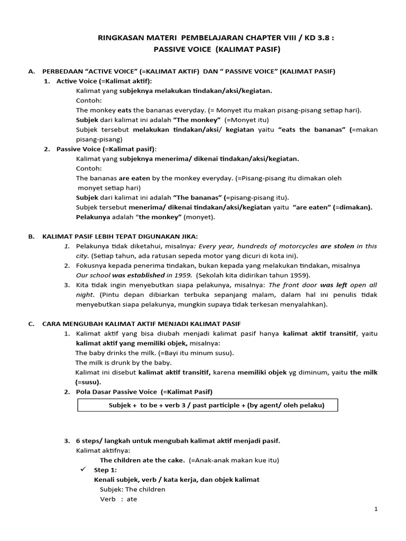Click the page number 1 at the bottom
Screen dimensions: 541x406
[x=376, y=509]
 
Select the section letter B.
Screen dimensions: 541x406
[x=31, y=236]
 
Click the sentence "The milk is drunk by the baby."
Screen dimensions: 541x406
[x=124, y=362]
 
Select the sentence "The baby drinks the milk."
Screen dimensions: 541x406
[x=115, y=352]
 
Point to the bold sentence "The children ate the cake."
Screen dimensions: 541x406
[x=142, y=460]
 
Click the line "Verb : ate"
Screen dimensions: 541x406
[x=118, y=499]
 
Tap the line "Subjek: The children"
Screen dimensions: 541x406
[x=132, y=489]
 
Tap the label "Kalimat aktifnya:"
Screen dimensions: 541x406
[x=103, y=450]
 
